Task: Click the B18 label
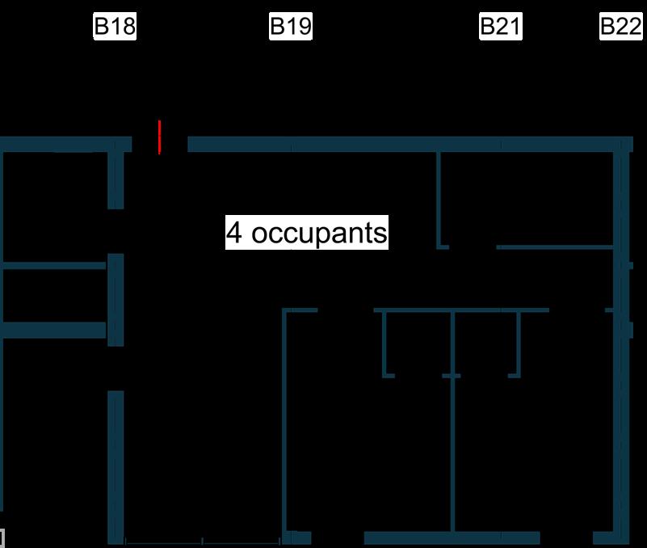pos(115,27)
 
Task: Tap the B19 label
pos(290,27)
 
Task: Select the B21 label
pos(500,27)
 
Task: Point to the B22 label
pos(620,27)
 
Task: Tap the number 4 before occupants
pos(234,233)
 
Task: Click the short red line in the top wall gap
pos(160,137)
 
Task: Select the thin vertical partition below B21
pos(438,198)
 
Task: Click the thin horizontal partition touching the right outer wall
pos(557,247)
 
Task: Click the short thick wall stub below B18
pos(116,179)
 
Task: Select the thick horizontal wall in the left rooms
pos(53,330)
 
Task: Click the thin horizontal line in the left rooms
pos(53,264)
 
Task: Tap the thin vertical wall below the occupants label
pos(285,420)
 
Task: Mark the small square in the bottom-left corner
pos(2,537)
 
